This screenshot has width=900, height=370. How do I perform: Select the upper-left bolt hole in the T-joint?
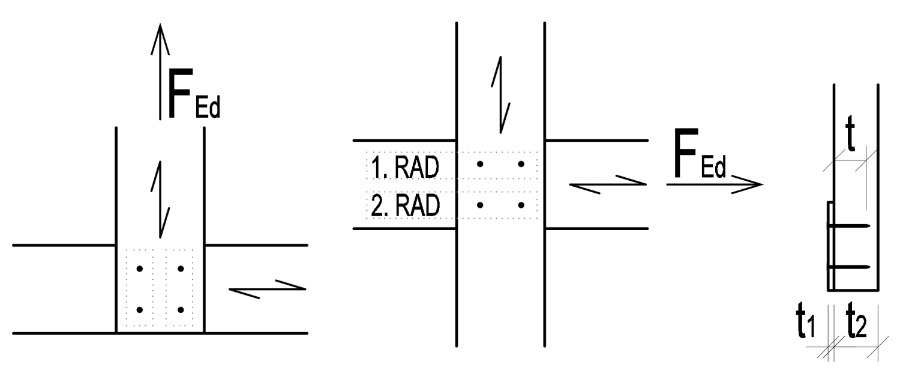(140, 268)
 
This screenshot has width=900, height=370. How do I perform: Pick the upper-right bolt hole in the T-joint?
(180, 268)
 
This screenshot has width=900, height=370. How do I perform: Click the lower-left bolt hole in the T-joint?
(140, 310)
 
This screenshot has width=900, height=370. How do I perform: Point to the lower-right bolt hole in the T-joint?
(180, 310)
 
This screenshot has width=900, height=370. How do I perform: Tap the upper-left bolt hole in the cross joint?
(480, 164)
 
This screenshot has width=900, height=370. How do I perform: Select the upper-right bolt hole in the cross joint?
(521, 164)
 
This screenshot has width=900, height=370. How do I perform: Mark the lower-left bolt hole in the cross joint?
(480, 205)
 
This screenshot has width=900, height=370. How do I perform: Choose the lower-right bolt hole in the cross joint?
(521, 205)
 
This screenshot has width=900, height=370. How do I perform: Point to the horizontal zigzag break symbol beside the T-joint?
(268, 289)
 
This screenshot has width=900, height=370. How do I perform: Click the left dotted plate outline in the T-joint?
(139, 288)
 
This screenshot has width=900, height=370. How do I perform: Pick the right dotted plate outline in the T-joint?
(180, 288)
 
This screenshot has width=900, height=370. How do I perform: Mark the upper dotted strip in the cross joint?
(451, 164)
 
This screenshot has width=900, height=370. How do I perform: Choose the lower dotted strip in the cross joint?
(451, 205)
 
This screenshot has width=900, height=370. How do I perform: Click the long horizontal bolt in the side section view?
(848, 265)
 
